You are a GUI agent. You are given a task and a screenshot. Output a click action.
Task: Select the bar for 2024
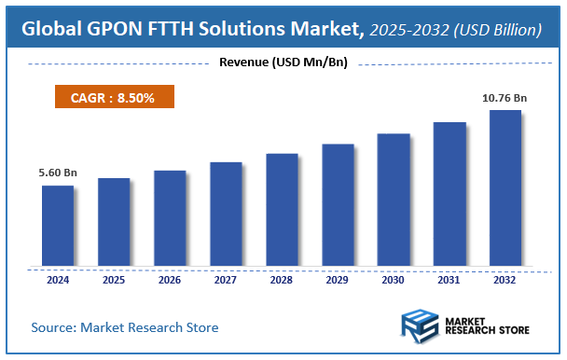tap(57, 227)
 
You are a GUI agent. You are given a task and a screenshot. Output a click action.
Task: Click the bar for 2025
tap(114, 223)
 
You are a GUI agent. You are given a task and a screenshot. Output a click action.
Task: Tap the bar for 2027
tap(226, 215)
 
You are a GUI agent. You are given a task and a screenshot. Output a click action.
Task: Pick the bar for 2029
tap(338, 206)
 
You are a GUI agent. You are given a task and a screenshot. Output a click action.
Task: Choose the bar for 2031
tap(449, 195)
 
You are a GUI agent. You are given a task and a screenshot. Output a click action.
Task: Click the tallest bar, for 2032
tap(505, 189)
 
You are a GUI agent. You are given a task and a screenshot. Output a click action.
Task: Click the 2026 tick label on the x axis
tap(170, 280)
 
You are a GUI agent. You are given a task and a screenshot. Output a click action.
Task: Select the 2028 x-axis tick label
tap(282, 280)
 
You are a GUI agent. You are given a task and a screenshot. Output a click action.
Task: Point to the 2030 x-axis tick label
tap(394, 280)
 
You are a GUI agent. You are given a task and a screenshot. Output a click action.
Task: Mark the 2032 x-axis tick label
tap(505, 280)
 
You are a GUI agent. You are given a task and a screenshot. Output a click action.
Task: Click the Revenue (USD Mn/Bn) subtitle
tap(283, 62)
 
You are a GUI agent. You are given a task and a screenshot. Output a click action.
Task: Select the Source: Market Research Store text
tap(125, 327)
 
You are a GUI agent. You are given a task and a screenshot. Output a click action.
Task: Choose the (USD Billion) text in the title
tap(497, 30)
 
